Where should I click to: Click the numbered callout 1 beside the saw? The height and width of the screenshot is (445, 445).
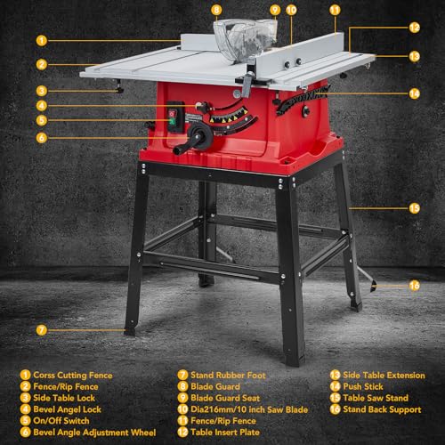[42, 40]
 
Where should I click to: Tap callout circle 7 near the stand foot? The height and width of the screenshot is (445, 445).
[42, 330]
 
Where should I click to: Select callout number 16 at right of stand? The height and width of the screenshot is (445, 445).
[414, 286]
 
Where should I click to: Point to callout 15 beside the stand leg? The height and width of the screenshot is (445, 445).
[414, 207]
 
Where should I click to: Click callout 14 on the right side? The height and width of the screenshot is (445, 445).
[414, 93]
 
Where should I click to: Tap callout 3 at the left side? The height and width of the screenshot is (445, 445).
[42, 90]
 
